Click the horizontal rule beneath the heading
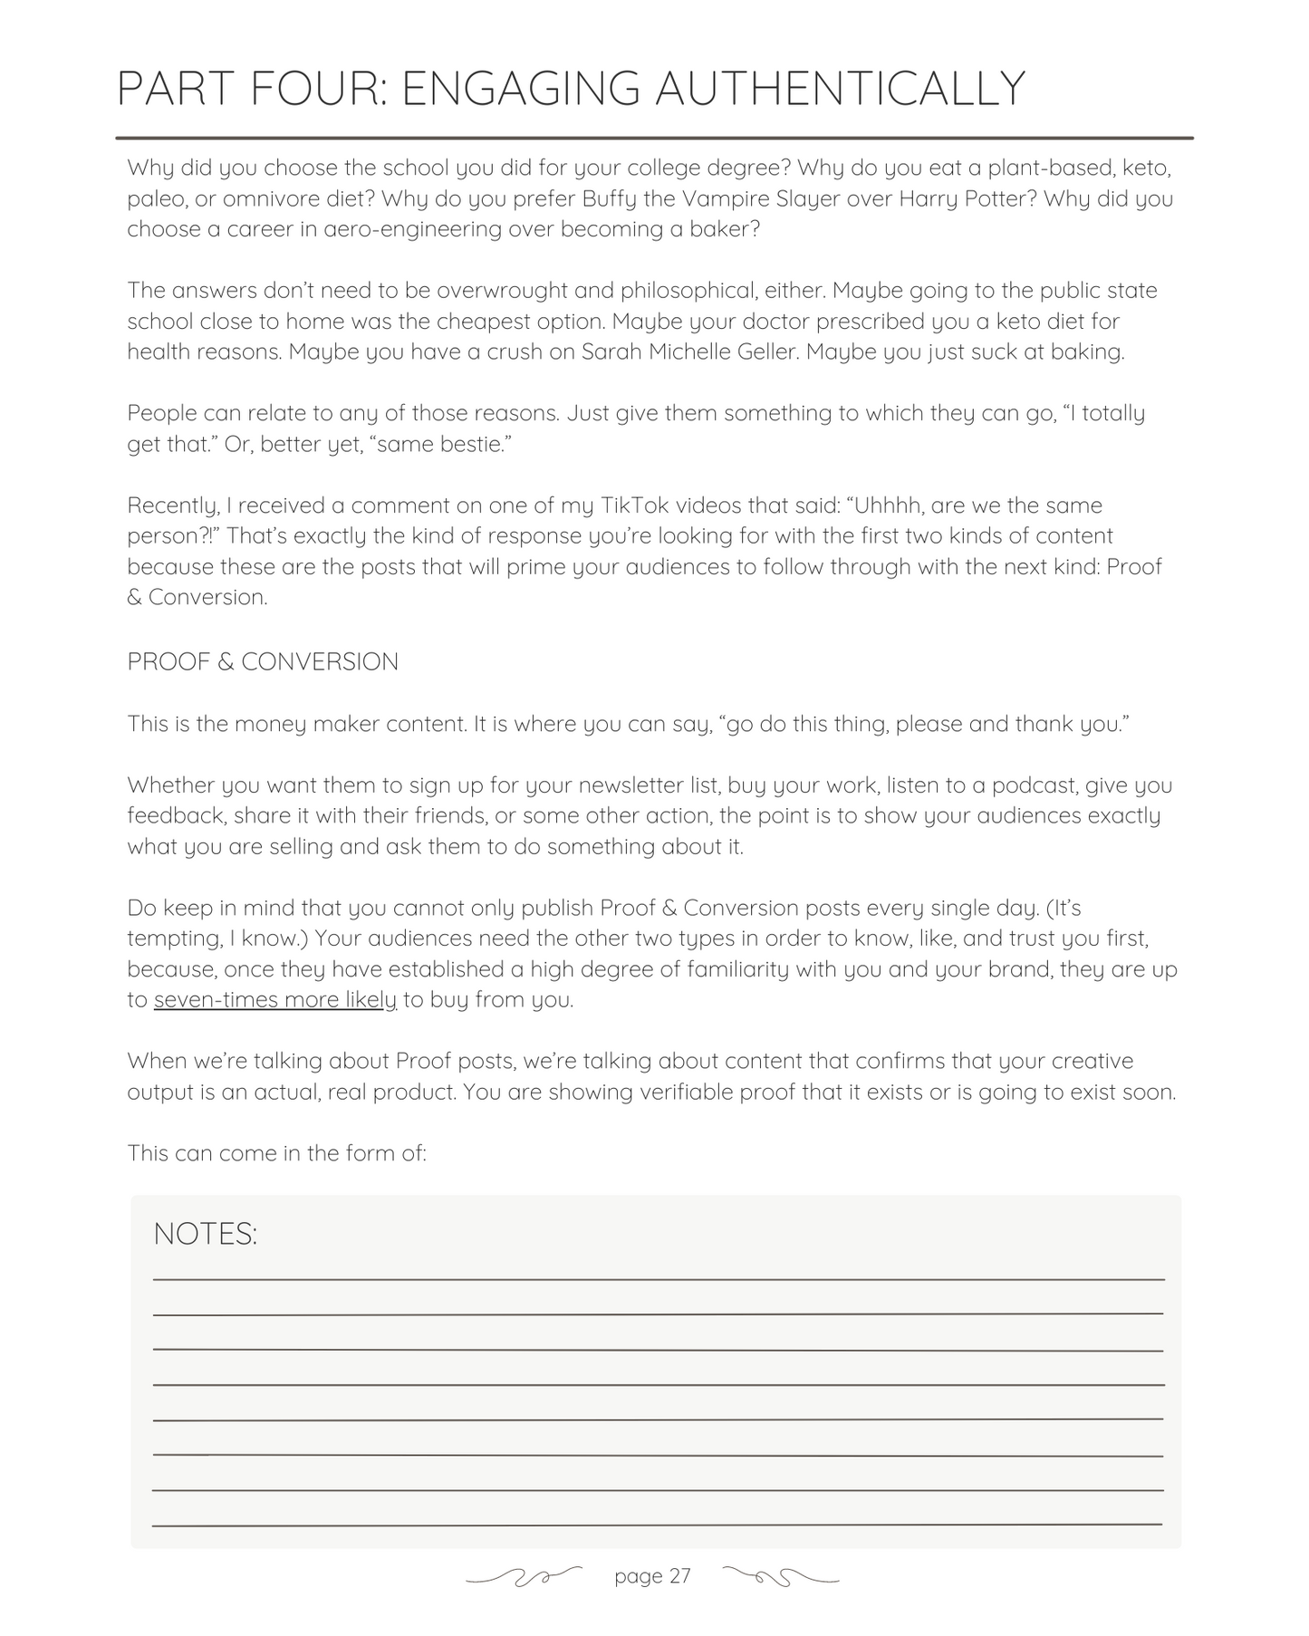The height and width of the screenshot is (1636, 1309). [x=654, y=139]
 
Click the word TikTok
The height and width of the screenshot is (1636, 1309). [x=634, y=505]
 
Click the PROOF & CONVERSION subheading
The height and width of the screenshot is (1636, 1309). [x=263, y=662]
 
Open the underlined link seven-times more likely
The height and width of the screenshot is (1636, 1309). [x=275, y=1000]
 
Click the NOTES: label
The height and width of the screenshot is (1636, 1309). [x=206, y=1234]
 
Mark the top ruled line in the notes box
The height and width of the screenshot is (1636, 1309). [x=659, y=1279]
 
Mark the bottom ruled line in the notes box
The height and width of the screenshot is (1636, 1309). [x=659, y=1525]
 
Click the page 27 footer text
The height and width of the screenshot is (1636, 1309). [x=652, y=1577]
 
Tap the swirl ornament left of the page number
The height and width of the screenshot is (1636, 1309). [x=524, y=1578]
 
